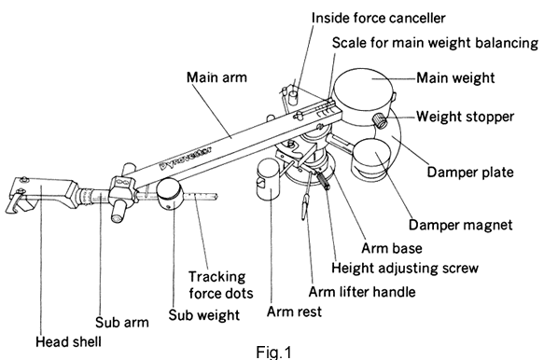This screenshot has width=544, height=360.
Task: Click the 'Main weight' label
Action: (455, 77)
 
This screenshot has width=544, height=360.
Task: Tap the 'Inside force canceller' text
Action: (378, 18)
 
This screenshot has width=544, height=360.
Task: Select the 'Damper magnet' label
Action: (460, 225)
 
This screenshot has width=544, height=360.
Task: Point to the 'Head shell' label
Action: (68, 342)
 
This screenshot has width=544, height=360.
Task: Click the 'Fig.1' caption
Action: (273, 352)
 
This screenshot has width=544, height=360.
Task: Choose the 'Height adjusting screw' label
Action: (405, 268)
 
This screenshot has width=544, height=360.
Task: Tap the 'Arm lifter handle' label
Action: (362, 292)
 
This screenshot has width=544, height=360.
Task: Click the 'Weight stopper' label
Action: (465, 117)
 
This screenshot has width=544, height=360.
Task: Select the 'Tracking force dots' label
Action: (220, 285)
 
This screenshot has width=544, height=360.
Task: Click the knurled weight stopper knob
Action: (380, 120)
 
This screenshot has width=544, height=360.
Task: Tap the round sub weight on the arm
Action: (169, 193)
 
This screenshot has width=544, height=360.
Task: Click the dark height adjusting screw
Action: (322, 181)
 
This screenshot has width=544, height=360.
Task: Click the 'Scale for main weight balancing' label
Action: (435, 43)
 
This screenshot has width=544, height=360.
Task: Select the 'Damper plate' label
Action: (470, 173)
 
